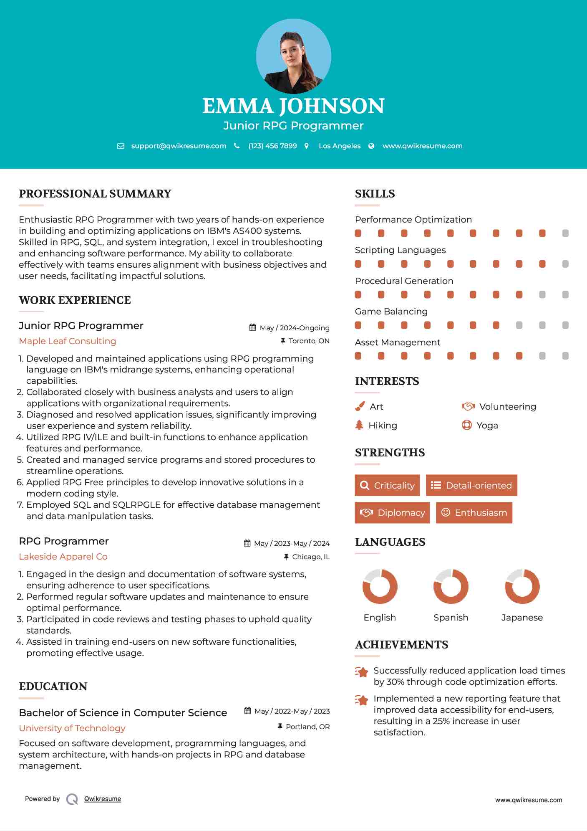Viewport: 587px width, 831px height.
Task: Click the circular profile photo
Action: pos(293,56)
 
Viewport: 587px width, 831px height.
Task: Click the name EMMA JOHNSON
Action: pos(293,106)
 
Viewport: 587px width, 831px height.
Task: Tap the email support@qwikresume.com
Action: pos(179,146)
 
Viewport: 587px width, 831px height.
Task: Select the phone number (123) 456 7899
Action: pos(272,146)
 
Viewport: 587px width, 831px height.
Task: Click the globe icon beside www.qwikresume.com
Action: pos(371,146)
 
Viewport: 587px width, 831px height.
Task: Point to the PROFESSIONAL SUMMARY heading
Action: pos(95,194)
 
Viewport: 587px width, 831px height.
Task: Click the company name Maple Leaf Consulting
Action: pos(68,341)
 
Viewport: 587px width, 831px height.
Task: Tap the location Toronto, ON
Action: pos(309,341)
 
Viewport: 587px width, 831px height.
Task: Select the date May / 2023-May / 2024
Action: pos(292,543)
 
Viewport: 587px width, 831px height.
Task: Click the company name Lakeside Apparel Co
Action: pos(63,557)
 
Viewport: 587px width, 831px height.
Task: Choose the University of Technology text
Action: pos(72,728)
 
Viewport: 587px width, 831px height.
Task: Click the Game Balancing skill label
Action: pos(391,312)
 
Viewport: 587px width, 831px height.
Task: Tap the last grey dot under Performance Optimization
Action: pos(565,233)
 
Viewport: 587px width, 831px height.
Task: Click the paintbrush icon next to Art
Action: pos(360,406)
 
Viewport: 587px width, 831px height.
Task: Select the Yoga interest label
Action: pos(487,426)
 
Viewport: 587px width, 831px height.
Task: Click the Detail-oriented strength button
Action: pos(471,485)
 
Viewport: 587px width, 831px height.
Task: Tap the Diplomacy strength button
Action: pos(392,512)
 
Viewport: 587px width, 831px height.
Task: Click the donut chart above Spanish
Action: pos(451,586)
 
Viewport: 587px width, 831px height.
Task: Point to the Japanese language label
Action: pos(522,618)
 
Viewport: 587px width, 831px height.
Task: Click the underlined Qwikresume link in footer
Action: pos(103,799)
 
